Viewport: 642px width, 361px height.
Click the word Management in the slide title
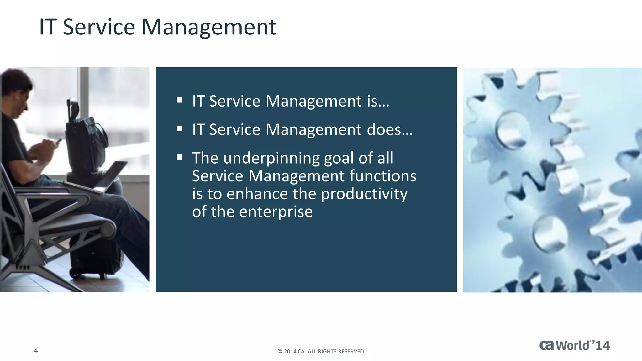pyautogui.click(x=209, y=28)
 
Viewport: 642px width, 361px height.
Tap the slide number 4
pyautogui.click(x=36, y=350)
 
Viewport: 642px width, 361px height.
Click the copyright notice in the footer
pyautogui.click(x=321, y=352)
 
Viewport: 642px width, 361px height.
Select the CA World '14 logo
pyautogui.click(x=574, y=345)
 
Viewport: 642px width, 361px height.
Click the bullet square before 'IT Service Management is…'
pyautogui.click(x=180, y=100)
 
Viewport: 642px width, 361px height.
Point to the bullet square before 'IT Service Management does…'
pyautogui.click(x=180, y=129)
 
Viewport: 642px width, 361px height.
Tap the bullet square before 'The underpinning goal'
pyautogui.click(x=180, y=157)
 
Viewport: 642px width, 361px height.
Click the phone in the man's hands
pyautogui.click(x=58, y=141)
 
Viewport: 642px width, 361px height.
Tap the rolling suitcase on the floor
pyautogui.click(x=94, y=257)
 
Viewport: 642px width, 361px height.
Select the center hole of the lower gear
pyautogui.click(x=549, y=233)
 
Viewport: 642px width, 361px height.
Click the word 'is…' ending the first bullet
pyautogui.click(x=378, y=101)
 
